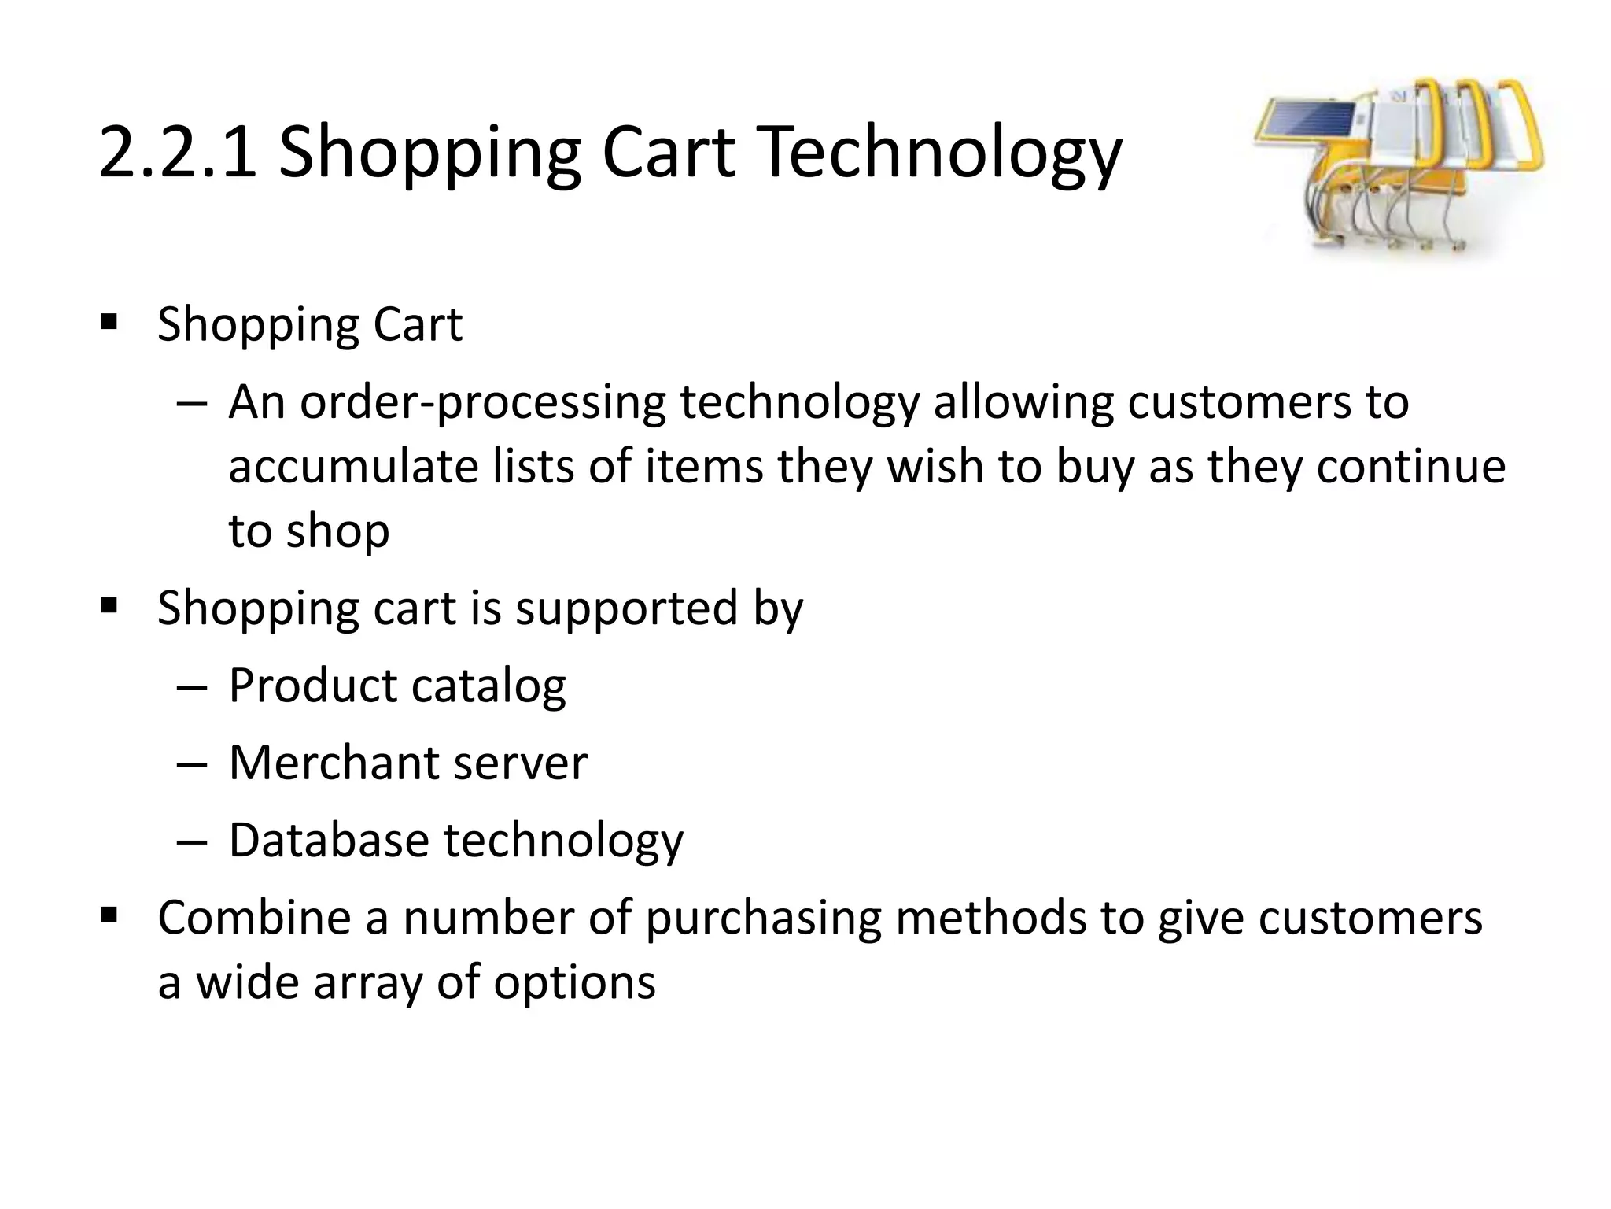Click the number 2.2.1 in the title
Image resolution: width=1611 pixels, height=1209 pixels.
(178, 152)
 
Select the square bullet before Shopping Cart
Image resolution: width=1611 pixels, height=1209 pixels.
(109, 322)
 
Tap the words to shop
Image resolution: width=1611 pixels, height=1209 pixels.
(308, 531)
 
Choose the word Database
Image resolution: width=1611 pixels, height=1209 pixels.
(328, 840)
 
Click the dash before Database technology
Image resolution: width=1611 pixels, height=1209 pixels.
(191, 841)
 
